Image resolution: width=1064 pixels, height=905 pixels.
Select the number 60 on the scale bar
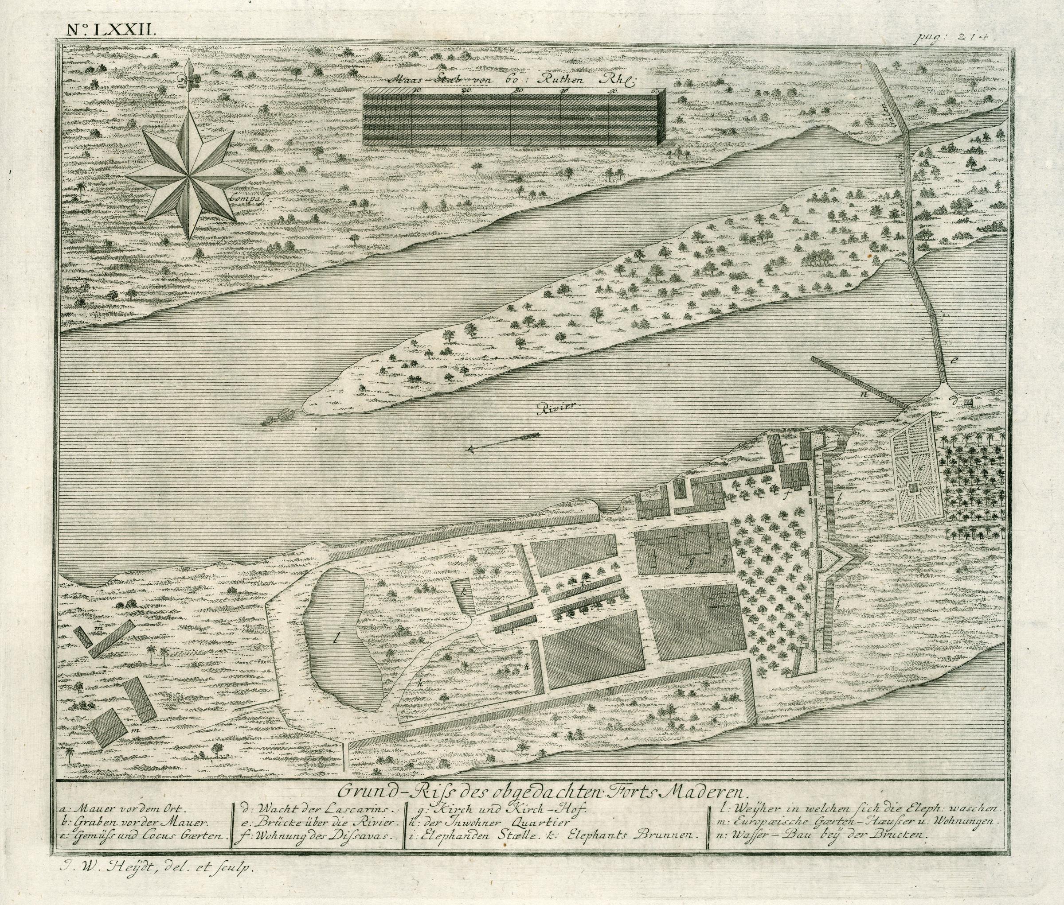655,91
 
